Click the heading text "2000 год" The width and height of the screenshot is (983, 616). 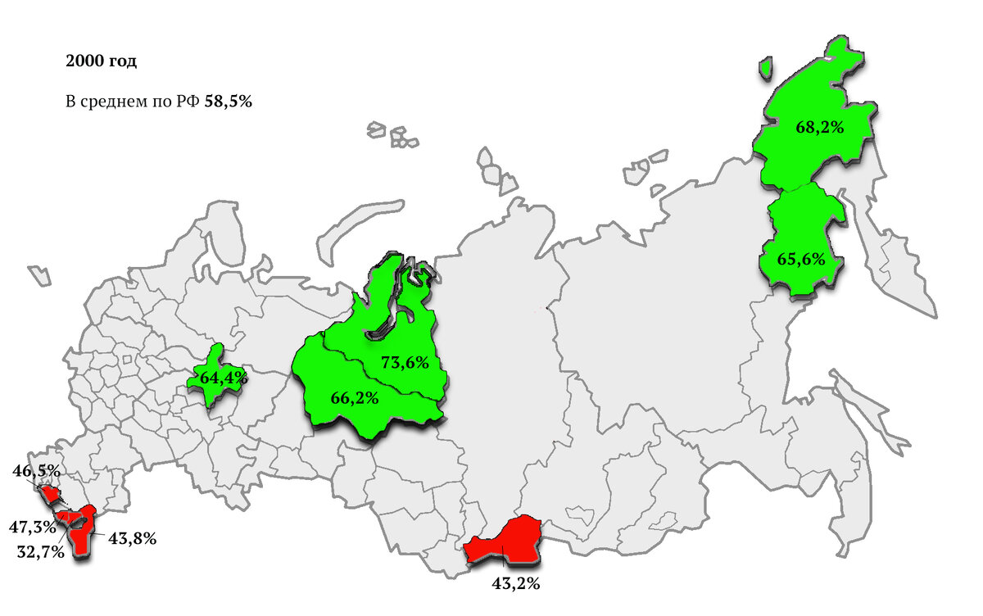coord(101,62)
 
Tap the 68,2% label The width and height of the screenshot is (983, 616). coord(819,127)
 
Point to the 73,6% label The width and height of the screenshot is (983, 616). coord(405,362)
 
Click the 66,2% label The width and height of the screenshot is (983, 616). coord(354,398)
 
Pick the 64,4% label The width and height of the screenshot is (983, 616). coord(224,378)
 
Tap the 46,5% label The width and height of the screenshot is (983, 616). coord(37,470)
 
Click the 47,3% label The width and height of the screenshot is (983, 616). coord(33,525)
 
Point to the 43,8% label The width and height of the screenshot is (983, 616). coord(132,538)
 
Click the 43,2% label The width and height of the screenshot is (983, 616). coord(515,584)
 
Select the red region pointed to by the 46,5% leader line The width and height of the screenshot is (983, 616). coord(52,493)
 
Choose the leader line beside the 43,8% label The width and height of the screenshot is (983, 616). coord(100,534)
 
